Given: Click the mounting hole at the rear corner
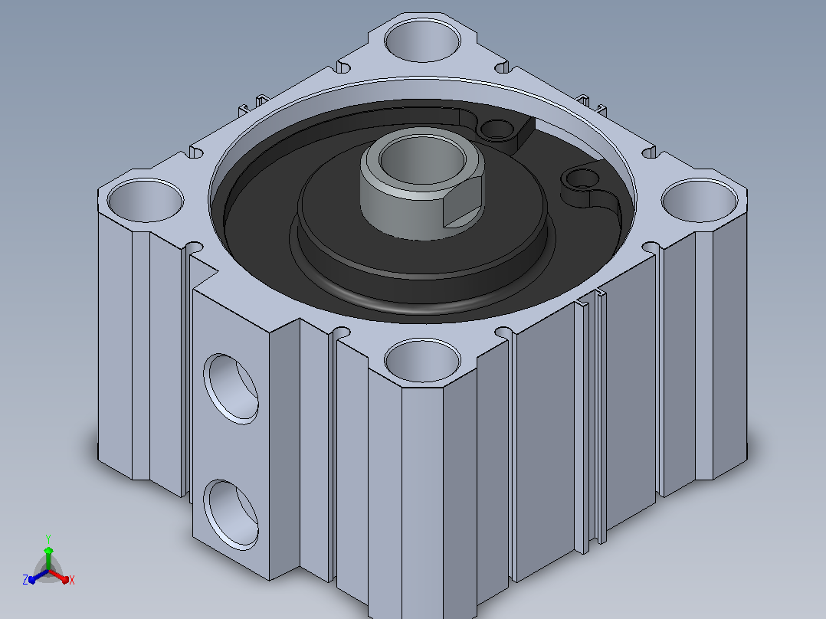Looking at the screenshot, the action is (x=422, y=40).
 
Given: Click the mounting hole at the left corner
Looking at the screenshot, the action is (x=146, y=200).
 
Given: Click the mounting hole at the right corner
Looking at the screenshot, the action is (x=699, y=200).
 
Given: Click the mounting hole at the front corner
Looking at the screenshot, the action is (x=422, y=360).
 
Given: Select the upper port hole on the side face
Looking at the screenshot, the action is (x=231, y=388).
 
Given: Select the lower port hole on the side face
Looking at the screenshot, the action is (x=231, y=515).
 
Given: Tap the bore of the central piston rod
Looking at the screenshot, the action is (x=422, y=158).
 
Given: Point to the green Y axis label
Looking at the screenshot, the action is (x=48, y=539).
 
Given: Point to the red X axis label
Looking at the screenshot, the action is (x=72, y=580).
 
